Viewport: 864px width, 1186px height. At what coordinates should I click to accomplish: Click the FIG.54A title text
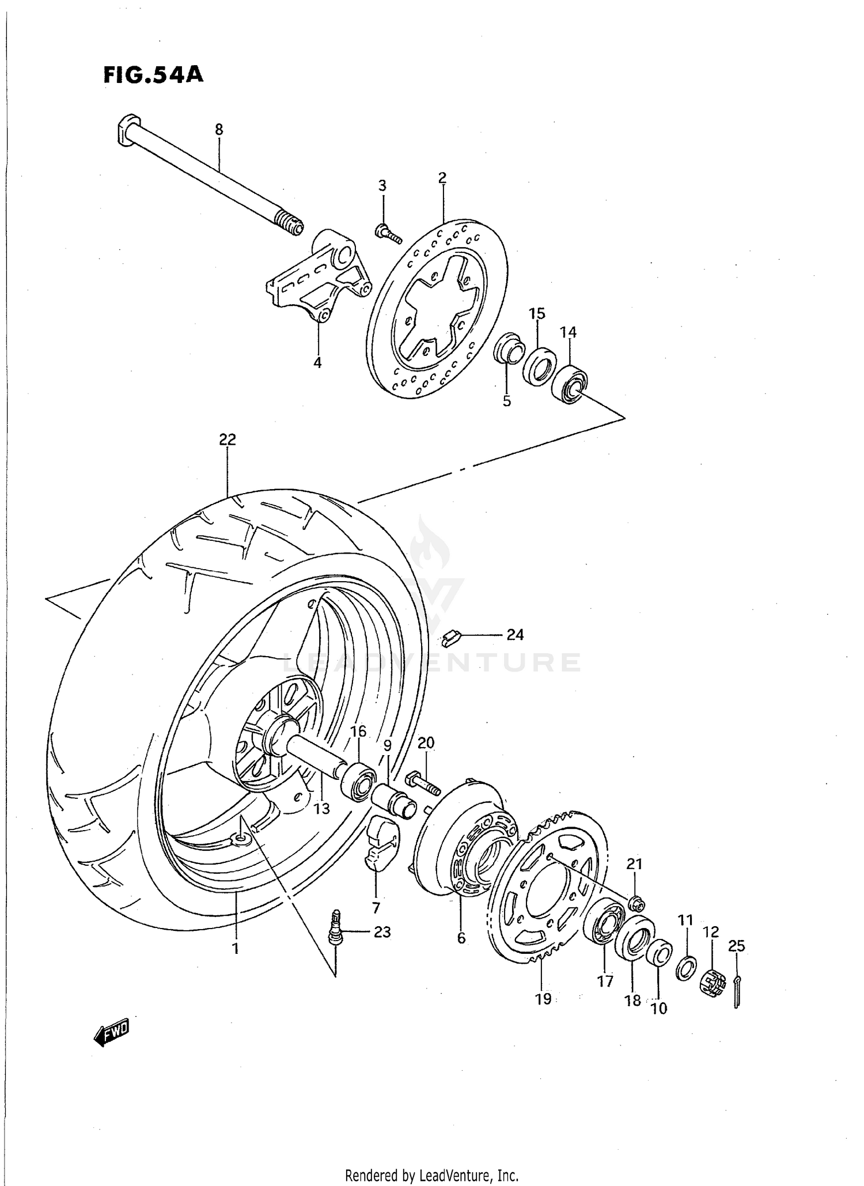click(153, 75)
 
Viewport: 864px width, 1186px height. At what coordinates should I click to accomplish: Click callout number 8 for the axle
click(219, 130)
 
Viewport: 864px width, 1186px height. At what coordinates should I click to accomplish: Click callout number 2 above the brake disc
click(442, 178)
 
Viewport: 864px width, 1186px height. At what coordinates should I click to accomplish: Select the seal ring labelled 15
click(540, 366)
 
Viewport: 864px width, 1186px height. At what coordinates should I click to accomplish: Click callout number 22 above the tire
click(228, 439)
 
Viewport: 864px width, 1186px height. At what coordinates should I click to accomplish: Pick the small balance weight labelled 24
click(452, 638)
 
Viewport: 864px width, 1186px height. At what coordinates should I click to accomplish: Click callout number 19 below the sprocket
click(543, 999)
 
